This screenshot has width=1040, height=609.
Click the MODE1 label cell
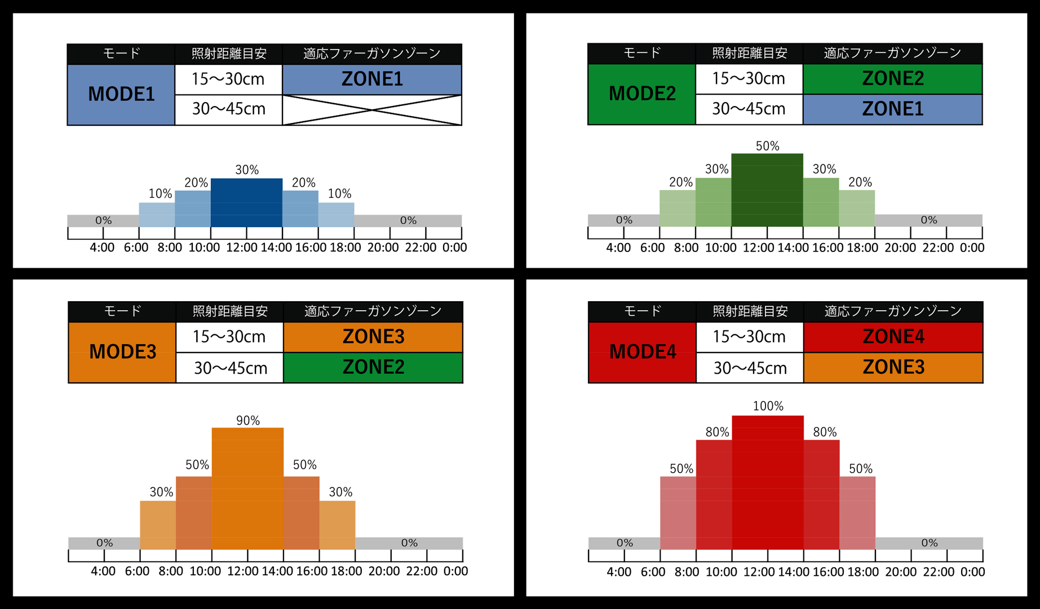tap(121, 94)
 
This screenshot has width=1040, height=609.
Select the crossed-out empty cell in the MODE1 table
tap(372, 110)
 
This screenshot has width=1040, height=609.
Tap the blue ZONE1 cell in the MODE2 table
tap(893, 109)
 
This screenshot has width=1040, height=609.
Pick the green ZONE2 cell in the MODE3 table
tap(373, 368)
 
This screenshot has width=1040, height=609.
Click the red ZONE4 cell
tap(893, 337)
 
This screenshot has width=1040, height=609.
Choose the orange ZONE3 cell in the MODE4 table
tap(893, 368)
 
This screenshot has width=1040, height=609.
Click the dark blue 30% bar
tap(246, 202)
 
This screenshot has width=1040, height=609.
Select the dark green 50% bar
tap(767, 190)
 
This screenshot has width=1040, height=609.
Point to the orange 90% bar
tap(247, 488)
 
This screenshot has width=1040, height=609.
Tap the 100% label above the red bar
tap(768, 406)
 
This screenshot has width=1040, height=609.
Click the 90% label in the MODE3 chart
tap(248, 421)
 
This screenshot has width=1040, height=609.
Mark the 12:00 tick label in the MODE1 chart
tap(242, 248)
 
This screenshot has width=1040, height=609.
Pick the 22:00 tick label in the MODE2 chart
tap(938, 248)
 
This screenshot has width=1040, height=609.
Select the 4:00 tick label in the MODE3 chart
tap(103, 571)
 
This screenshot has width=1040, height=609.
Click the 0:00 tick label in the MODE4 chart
tap(972, 572)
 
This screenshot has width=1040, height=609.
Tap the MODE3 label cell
tap(122, 352)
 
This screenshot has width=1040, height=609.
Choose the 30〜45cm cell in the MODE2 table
tap(749, 109)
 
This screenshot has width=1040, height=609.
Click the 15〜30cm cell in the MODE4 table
tap(749, 337)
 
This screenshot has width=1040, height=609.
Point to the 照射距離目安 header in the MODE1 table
tap(229, 54)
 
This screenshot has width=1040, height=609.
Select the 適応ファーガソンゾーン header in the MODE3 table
tap(373, 311)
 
